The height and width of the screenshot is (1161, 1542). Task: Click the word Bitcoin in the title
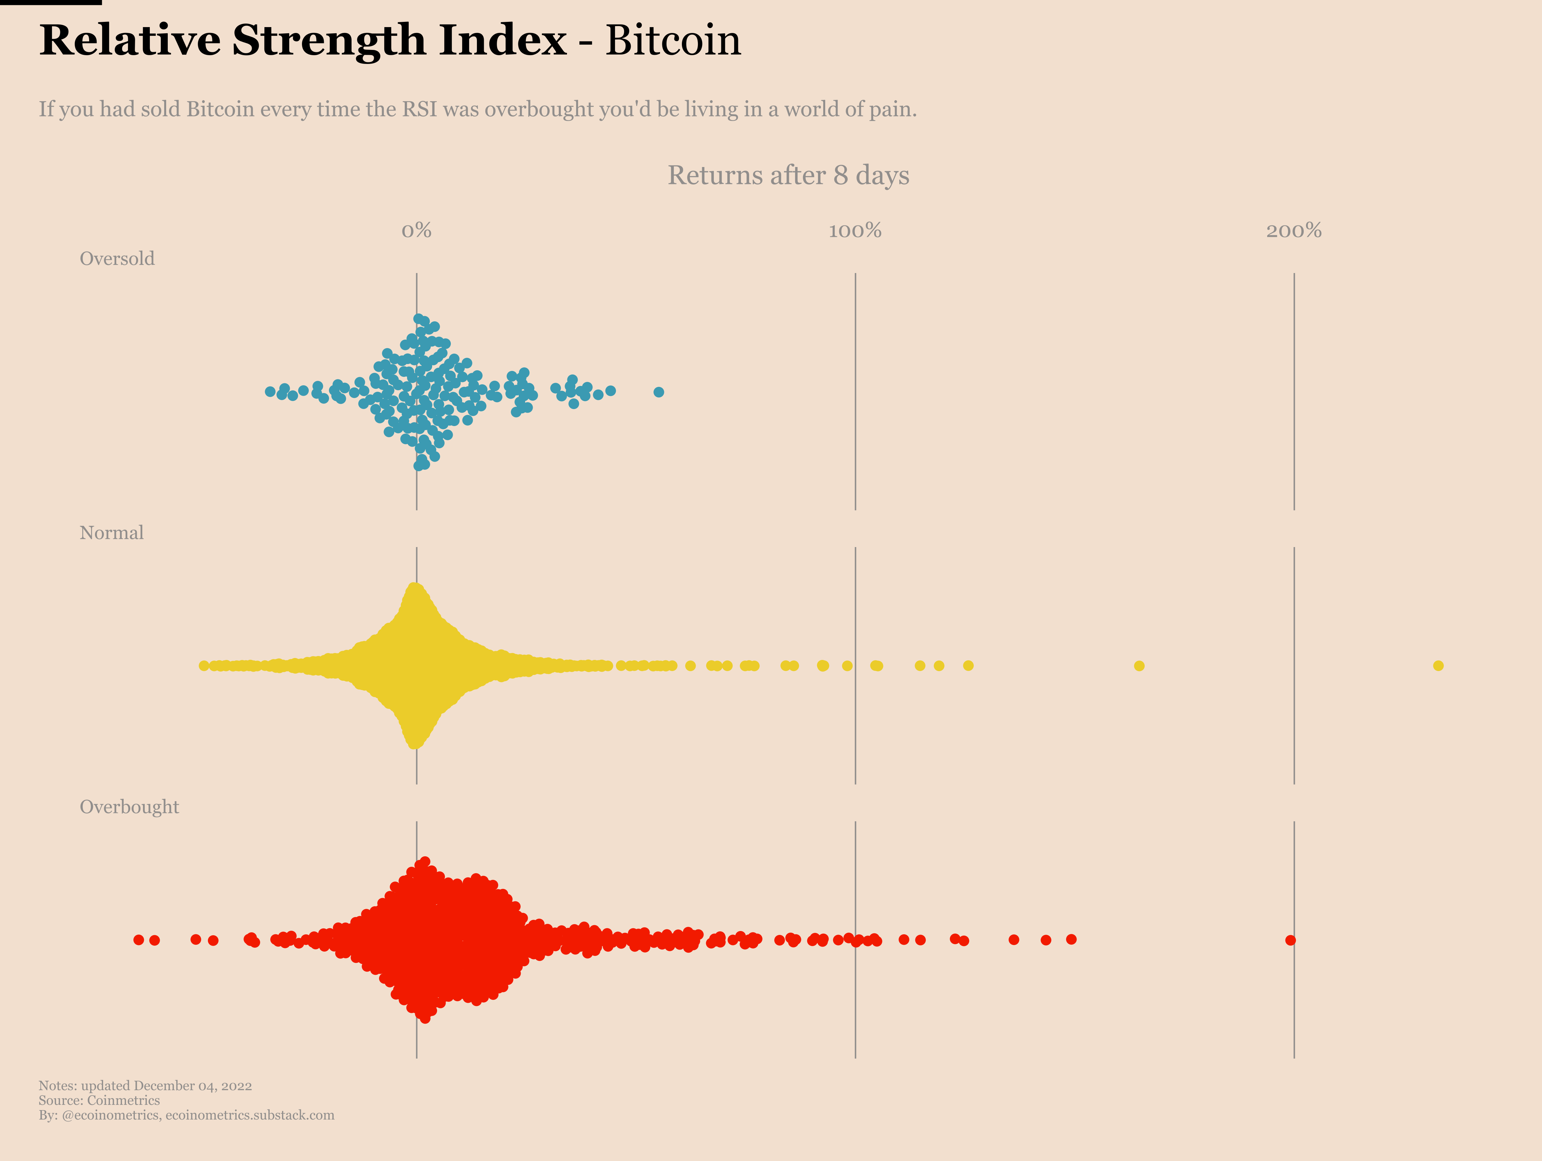[673, 40]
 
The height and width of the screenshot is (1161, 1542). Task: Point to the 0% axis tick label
[416, 231]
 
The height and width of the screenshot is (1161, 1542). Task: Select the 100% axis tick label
[855, 231]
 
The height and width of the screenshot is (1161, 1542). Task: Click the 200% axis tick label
[1294, 231]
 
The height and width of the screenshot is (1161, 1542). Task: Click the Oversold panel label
[117, 259]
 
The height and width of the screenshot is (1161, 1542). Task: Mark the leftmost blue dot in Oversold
[270, 392]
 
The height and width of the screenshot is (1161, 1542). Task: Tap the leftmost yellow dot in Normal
[204, 665]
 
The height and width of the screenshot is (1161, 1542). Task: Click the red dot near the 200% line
[1290, 940]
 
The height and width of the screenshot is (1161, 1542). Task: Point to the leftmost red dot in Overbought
[139, 940]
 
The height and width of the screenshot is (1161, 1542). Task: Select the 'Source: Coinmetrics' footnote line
[99, 1100]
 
